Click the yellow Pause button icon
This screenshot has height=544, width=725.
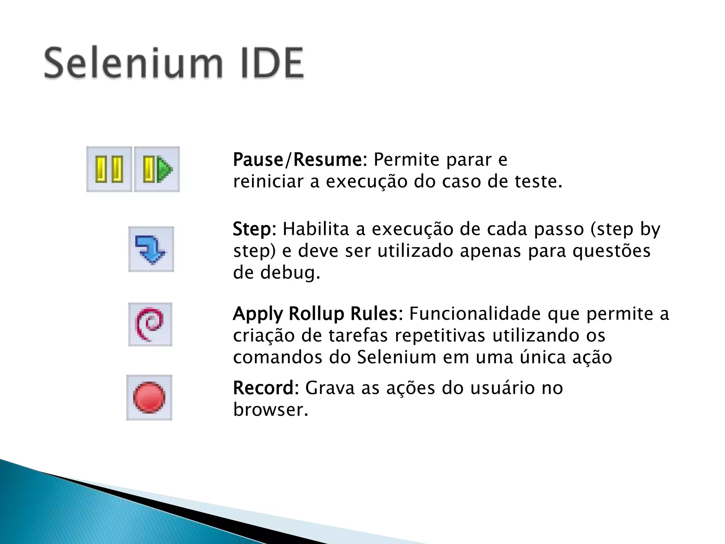(109, 169)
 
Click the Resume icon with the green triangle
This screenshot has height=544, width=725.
(157, 169)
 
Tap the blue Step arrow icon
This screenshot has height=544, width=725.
(151, 249)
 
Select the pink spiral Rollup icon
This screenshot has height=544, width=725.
(150, 324)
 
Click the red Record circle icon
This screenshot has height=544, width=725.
(149, 397)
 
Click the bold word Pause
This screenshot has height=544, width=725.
(258, 160)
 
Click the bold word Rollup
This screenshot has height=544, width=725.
(316, 314)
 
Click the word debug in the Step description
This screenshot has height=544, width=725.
(290, 273)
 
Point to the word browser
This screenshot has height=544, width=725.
(270, 410)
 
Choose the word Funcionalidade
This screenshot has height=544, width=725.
(475, 314)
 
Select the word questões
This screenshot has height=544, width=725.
(611, 251)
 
